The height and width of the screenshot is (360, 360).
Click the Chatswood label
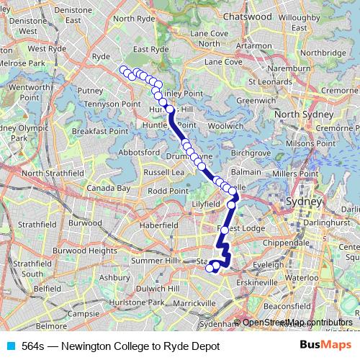coord(227,15)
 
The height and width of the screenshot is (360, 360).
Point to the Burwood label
coord(86,223)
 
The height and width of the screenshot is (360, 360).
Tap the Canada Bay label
coord(109,188)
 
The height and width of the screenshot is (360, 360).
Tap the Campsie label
coord(83,314)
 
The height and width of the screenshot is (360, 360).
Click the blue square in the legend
coord(9,346)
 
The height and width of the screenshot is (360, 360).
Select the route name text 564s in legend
coord(33,346)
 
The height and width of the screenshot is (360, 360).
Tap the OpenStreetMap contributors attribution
coord(297,322)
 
